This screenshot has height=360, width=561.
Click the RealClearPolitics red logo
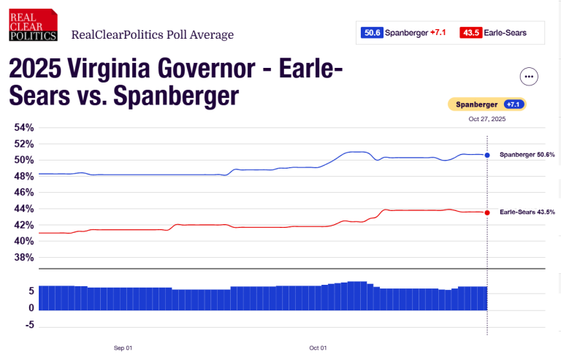tap(34, 25)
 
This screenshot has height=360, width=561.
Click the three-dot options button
tap(529, 77)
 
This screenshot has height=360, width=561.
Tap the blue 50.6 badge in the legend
tap(371, 32)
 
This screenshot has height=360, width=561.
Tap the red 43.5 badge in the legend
tap(471, 32)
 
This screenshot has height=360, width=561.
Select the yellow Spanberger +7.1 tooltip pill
tap(486, 104)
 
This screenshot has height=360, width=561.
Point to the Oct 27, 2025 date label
tap(486, 118)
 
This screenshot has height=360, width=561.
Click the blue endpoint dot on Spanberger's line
tap(487, 155)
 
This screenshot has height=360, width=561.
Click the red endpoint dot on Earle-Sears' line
tap(487, 212)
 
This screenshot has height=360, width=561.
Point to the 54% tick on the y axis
tap(24, 128)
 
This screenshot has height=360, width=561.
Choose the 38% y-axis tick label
tap(24, 257)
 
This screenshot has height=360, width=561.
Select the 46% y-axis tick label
tap(24, 193)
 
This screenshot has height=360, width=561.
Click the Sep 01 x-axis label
tap(123, 348)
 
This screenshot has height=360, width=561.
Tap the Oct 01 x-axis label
tap(318, 348)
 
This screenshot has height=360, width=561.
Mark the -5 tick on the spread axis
tap(29, 325)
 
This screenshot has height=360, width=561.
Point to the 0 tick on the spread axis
tap(31, 308)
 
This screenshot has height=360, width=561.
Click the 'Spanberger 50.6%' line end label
tap(527, 155)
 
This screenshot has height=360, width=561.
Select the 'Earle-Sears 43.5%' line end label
tap(527, 212)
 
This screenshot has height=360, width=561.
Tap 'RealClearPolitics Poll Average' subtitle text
tap(152, 34)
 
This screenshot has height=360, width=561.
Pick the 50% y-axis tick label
tap(24, 160)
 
